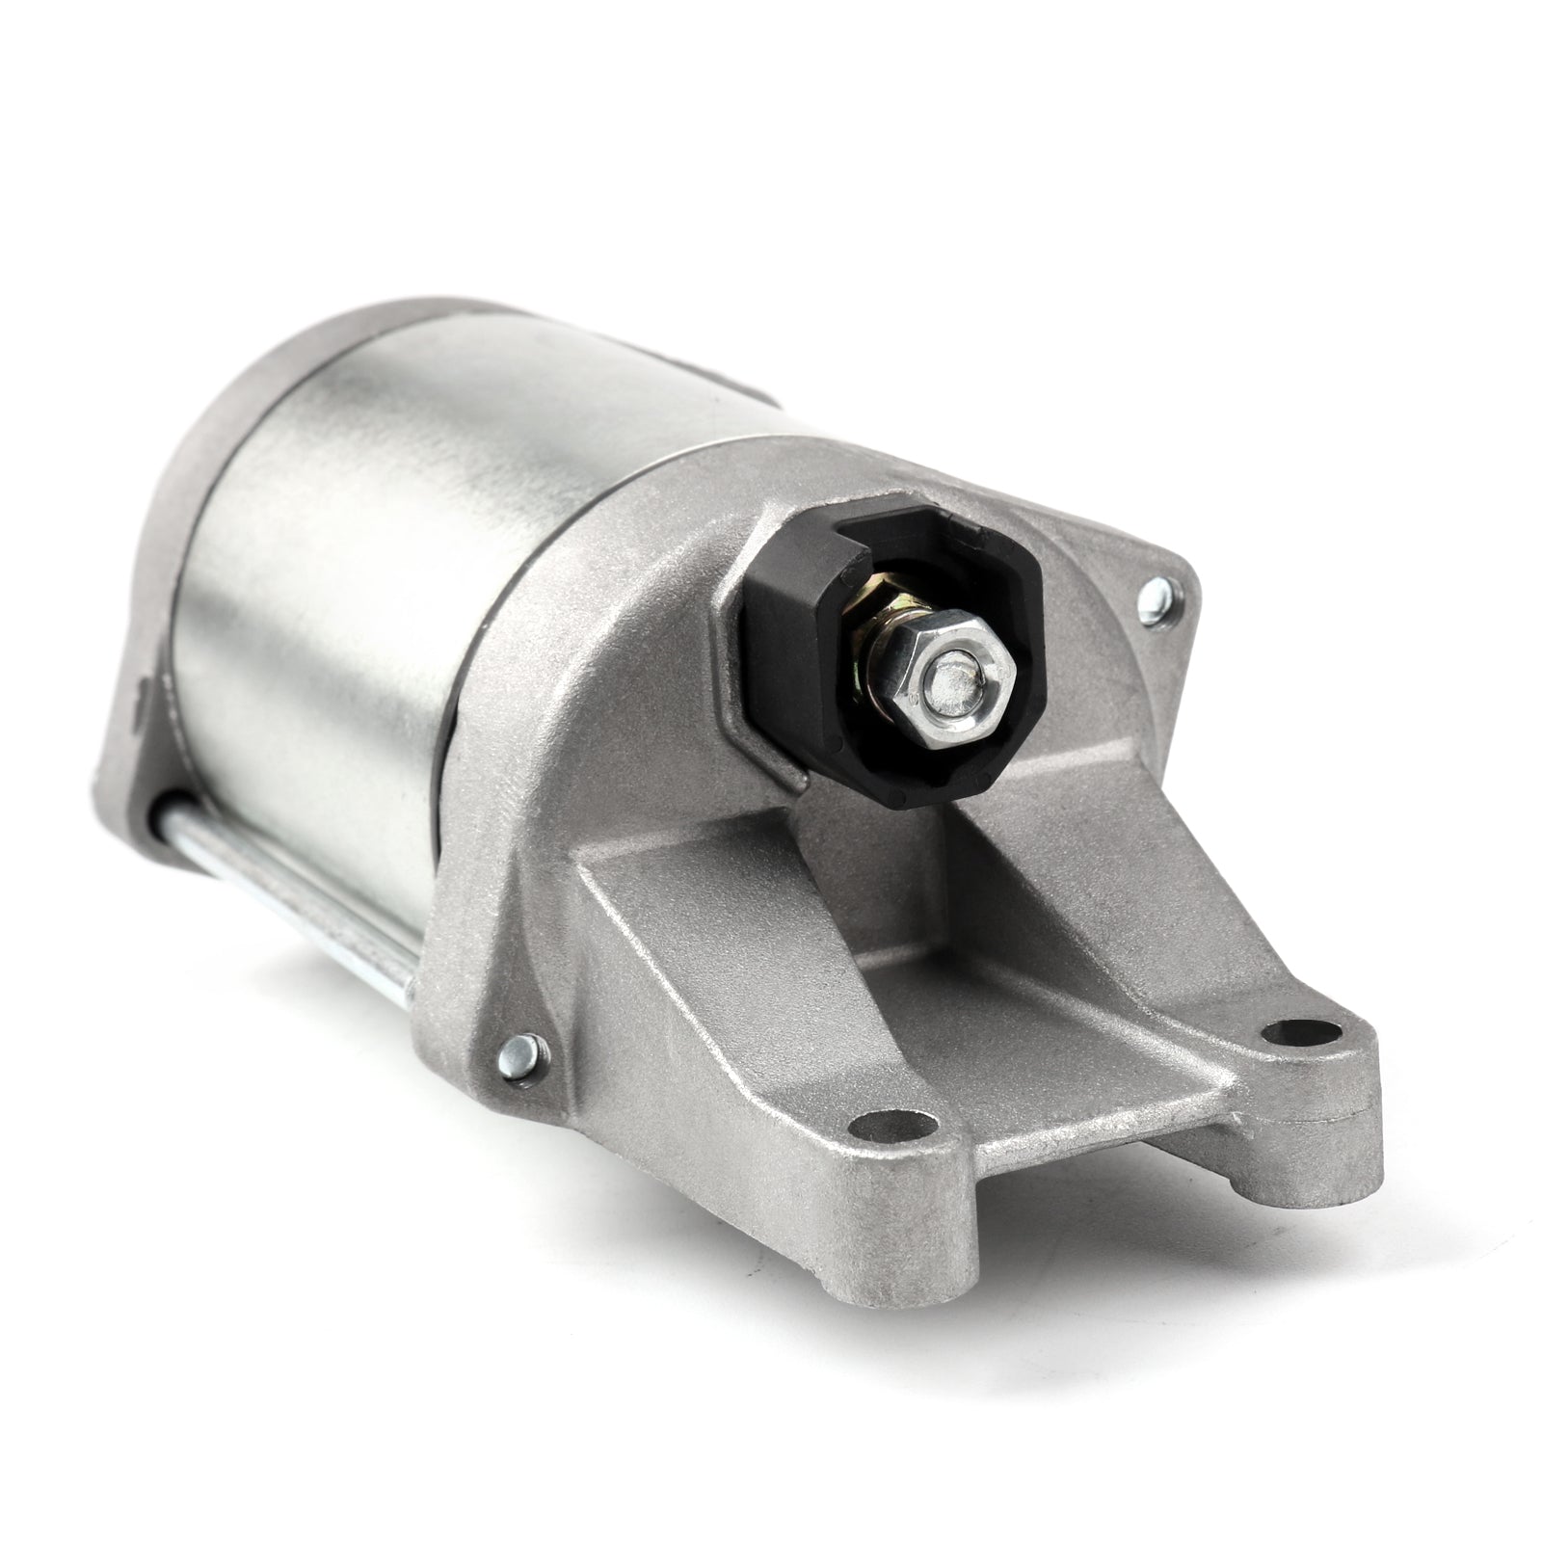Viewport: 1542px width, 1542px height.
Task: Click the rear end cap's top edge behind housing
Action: [x=318, y=366]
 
